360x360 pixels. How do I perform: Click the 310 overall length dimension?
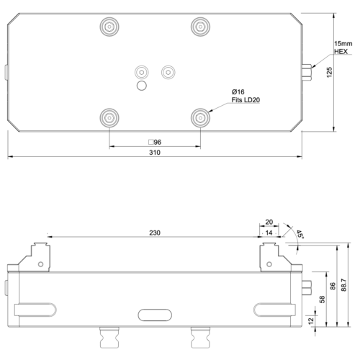(155, 154)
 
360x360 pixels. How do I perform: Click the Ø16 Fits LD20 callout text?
(245, 96)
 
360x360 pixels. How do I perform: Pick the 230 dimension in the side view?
(155, 233)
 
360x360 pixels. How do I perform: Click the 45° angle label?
(297, 234)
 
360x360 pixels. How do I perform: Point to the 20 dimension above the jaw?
(269, 222)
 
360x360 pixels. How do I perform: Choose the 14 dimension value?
(269, 233)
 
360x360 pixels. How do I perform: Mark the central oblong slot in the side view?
(154, 314)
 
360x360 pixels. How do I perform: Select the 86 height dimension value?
(332, 286)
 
